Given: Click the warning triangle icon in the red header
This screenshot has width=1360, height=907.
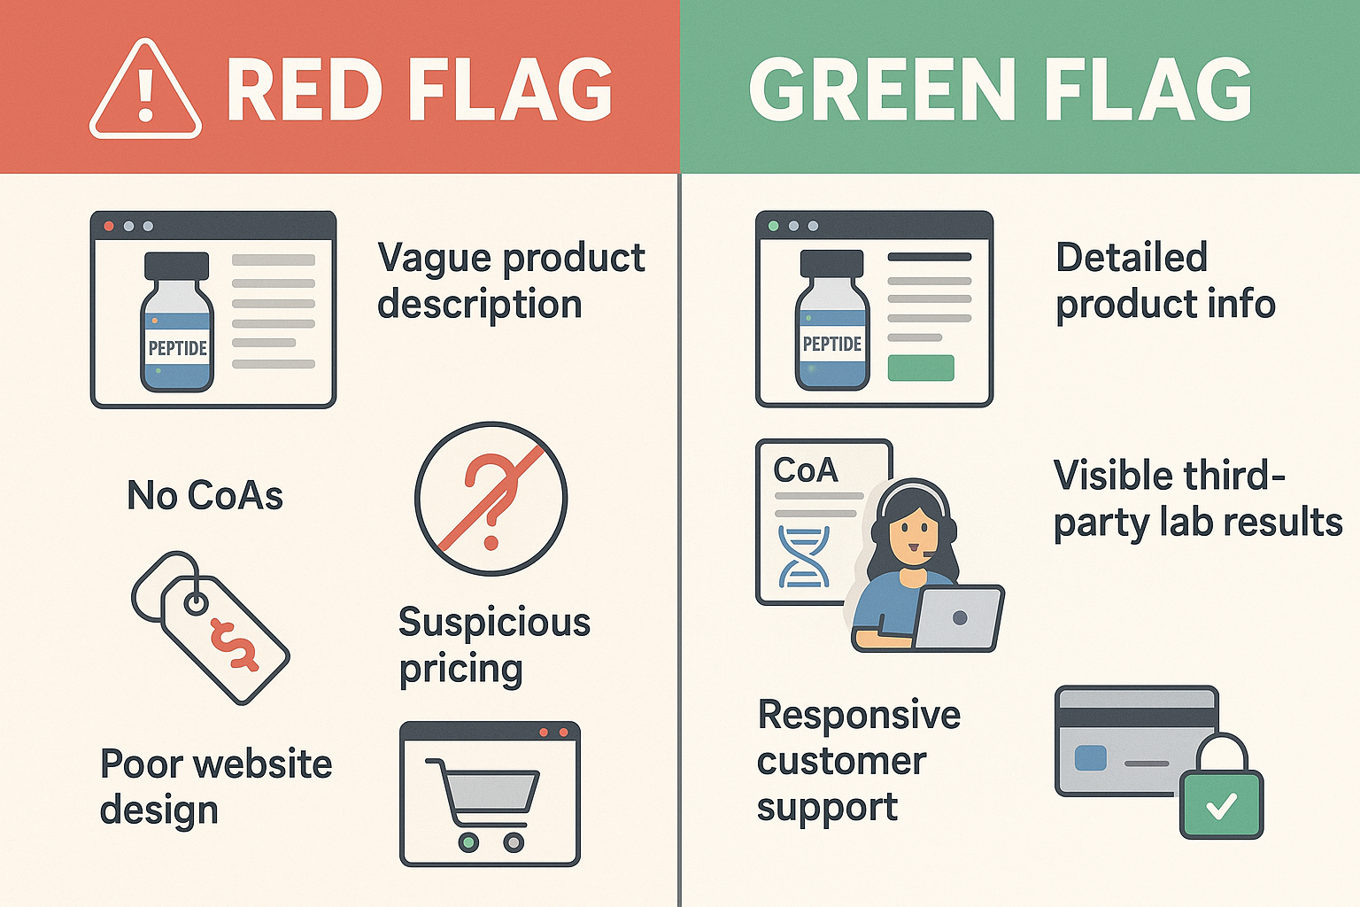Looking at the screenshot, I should (x=145, y=91).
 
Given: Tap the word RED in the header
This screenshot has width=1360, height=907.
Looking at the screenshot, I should (x=305, y=90).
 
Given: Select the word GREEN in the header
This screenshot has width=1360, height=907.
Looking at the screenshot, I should (x=882, y=90).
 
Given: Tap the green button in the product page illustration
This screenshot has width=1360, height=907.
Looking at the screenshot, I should (x=920, y=368).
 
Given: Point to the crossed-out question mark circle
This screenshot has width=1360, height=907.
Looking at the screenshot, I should (x=491, y=499).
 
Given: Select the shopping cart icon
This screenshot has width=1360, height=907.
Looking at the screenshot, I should (x=483, y=802).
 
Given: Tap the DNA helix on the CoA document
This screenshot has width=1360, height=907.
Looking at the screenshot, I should (x=804, y=558).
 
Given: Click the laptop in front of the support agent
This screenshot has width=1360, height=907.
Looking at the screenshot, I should (x=959, y=617).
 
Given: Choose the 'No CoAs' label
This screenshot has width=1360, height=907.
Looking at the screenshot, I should (x=205, y=495).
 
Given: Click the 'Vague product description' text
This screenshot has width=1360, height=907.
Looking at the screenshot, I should (x=511, y=281).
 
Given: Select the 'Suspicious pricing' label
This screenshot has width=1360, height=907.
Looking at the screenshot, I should (x=494, y=645).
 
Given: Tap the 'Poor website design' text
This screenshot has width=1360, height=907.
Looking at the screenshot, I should (x=215, y=787).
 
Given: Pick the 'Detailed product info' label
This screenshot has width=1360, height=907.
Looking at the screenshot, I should (x=1164, y=281).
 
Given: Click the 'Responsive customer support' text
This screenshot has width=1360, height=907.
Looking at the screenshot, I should (x=858, y=761).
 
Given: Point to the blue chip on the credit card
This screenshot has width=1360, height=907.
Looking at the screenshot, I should (x=1090, y=757).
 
